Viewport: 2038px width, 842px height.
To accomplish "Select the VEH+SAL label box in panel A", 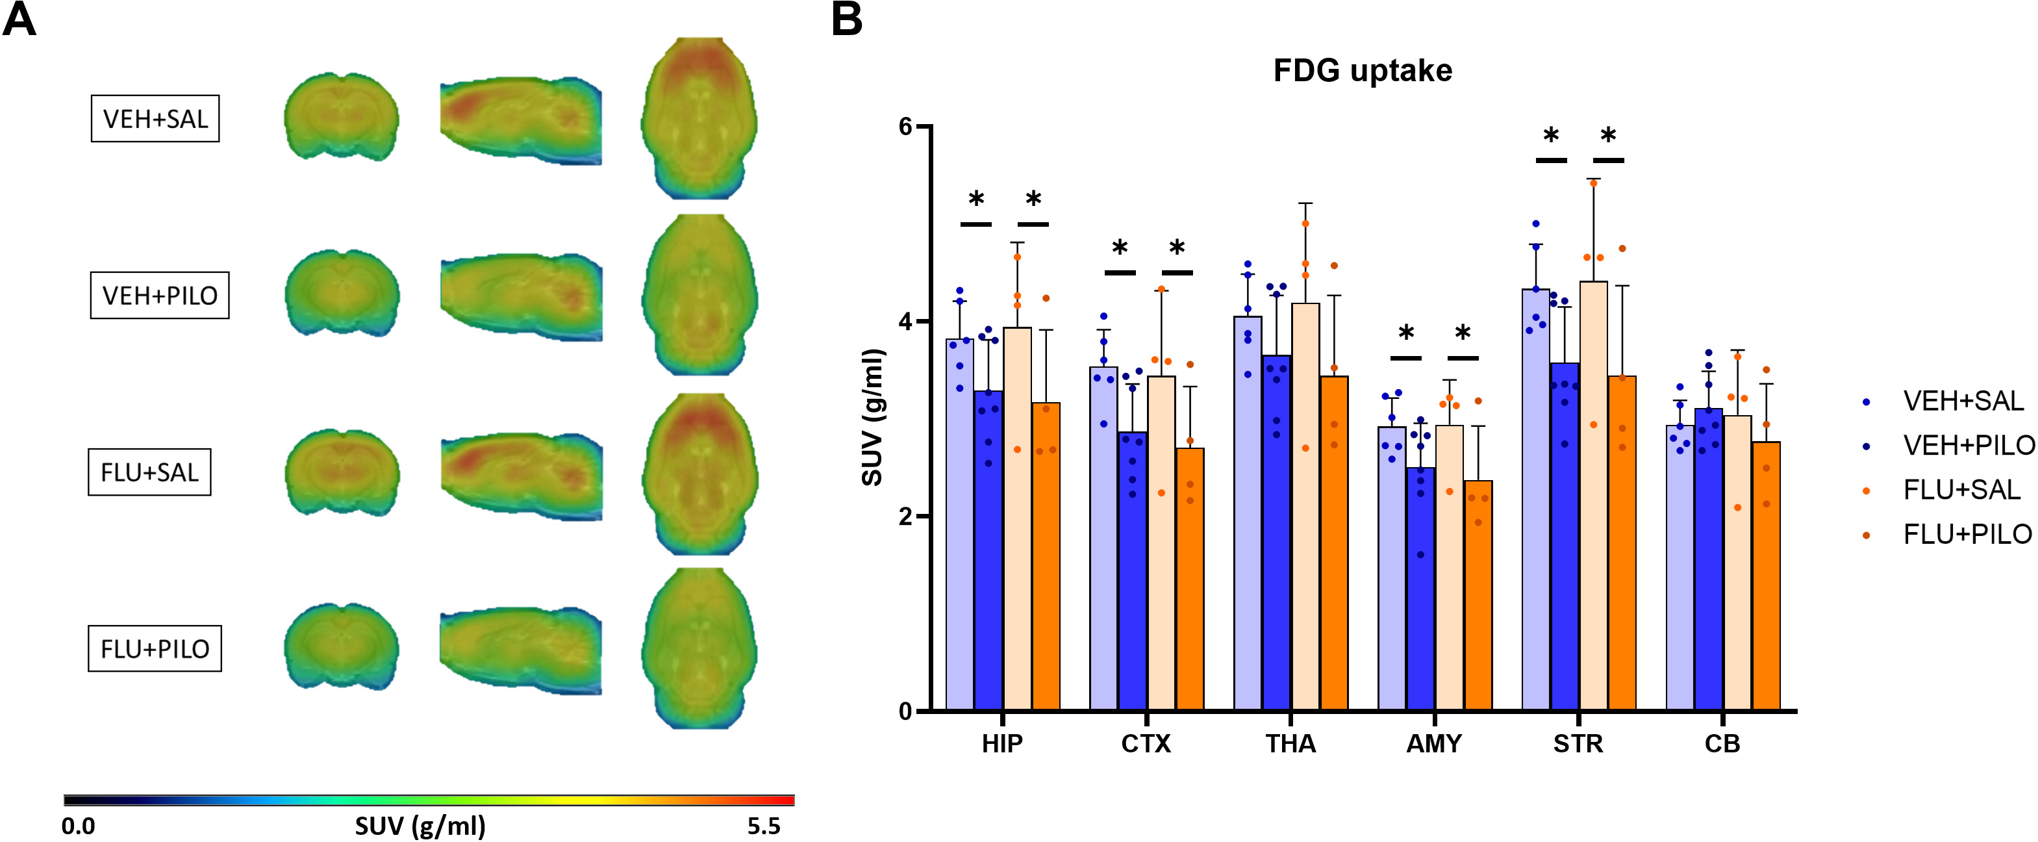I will coord(155,119).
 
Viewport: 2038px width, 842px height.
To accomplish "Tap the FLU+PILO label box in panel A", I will coord(155,649).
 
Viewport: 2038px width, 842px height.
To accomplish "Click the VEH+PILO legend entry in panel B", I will coord(1969,446).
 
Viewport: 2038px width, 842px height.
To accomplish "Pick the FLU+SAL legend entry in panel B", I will coord(1961,491).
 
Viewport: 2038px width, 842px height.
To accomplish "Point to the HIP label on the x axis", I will coord(1001,744).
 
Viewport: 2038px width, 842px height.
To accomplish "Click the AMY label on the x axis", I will coord(1433,744).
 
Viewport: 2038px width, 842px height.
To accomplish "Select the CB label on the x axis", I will coord(1722,744).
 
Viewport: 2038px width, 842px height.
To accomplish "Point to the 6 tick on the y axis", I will coord(906,127).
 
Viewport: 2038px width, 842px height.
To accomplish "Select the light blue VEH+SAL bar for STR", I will coord(1535,507).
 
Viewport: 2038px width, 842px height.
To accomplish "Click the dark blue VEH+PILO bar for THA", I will coord(1276,538).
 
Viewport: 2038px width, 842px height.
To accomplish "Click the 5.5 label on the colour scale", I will coord(764,826).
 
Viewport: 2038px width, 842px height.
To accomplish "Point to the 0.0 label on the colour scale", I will coord(79,826).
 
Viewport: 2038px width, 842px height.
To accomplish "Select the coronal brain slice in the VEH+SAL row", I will coord(342,116).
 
